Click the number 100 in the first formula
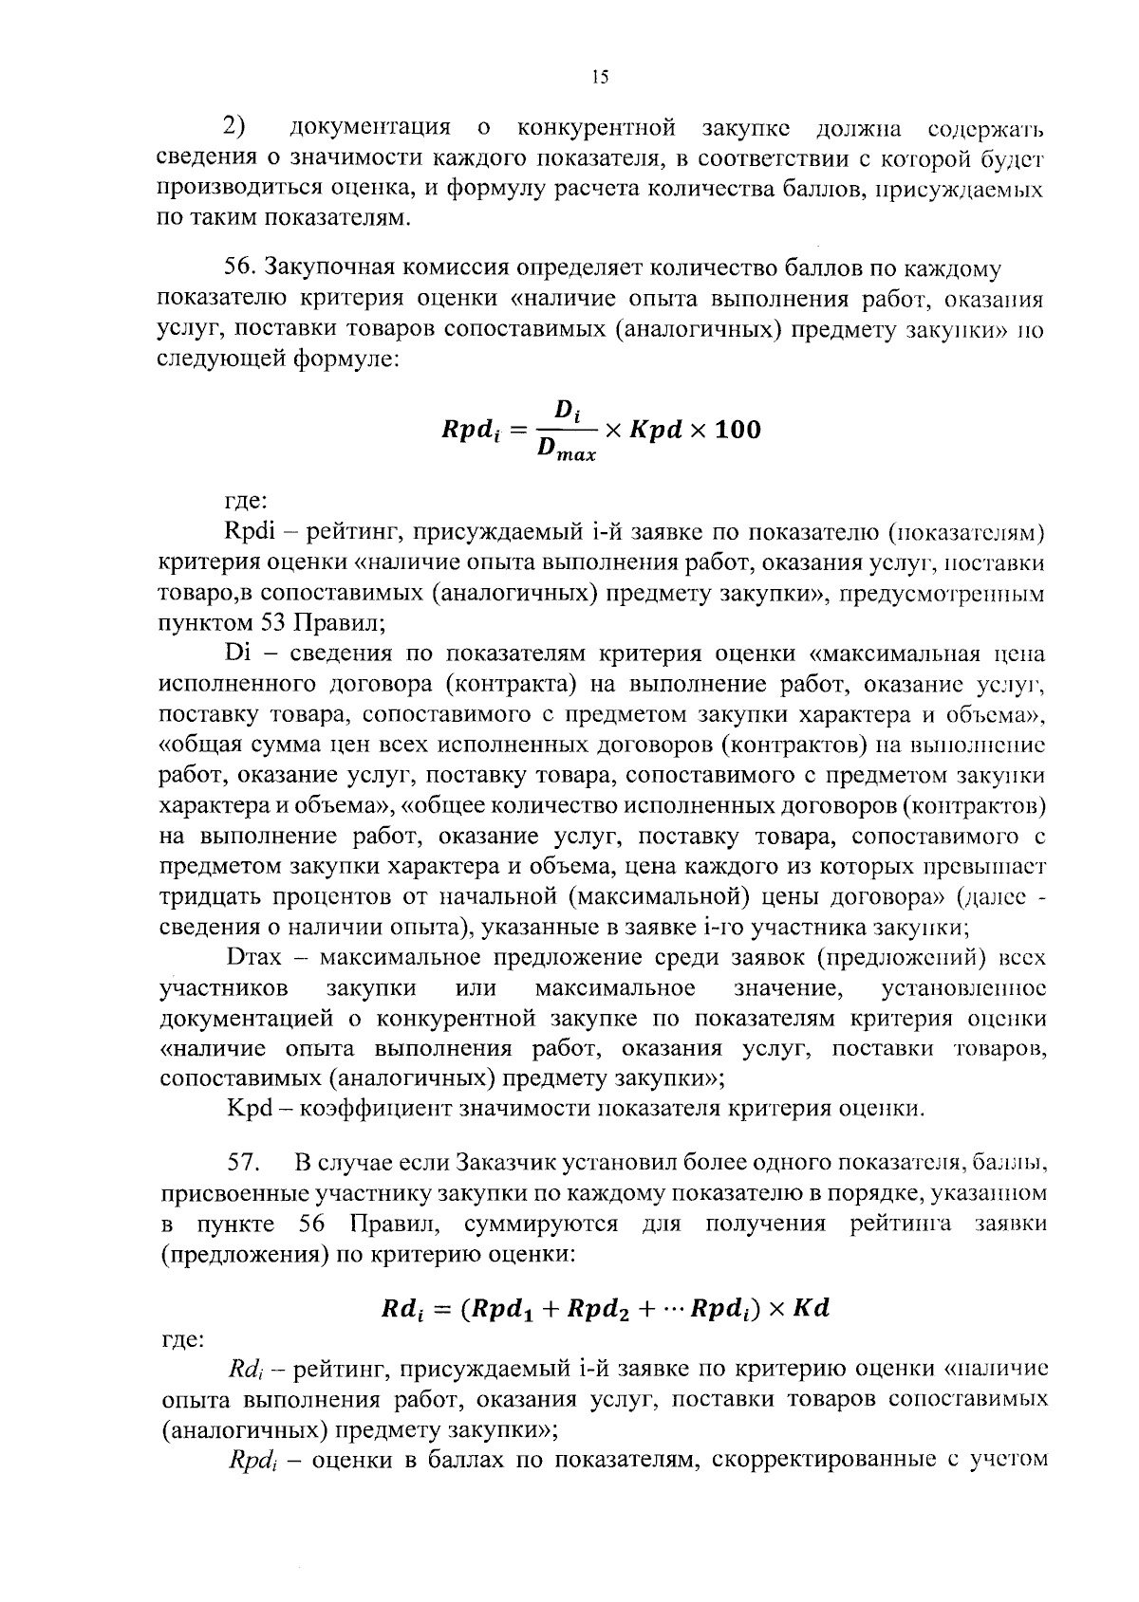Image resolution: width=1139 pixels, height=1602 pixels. click(737, 430)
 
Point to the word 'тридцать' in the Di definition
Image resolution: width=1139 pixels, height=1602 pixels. click(208, 897)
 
